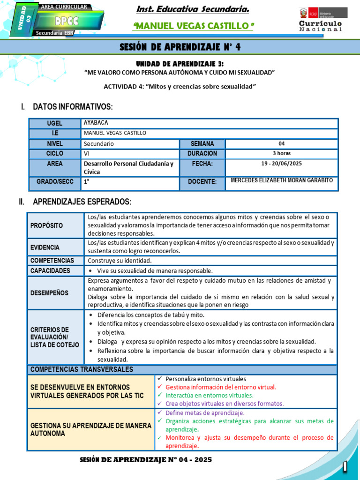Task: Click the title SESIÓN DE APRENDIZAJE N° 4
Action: point(180,46)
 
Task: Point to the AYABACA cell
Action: point(96,123)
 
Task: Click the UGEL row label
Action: point(55,123)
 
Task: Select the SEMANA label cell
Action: point(202,144)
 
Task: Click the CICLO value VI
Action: point(87,154)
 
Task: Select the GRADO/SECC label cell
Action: point(55,181)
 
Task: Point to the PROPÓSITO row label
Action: point(46,225)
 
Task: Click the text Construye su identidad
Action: point(118,260)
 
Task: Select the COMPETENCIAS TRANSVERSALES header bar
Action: point(182,369)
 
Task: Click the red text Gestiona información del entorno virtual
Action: point(221,387)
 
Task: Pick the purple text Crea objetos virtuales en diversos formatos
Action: point(225,404)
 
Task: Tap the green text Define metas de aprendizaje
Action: point(205,413)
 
